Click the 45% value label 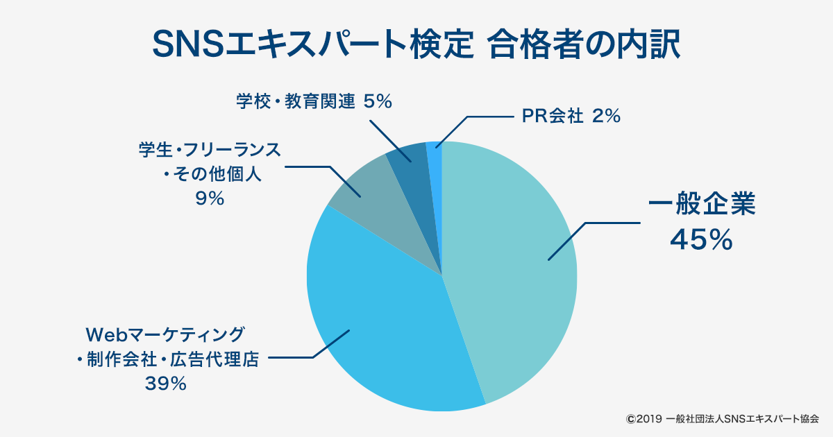(701, 240)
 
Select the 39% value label (165, 384)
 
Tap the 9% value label (210, 198)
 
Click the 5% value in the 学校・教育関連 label (378, 101)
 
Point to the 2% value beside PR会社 (606, 116)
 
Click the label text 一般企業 (702, 204)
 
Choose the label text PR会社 (553, 116)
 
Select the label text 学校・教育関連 (295, 101)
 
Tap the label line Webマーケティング (165, 335)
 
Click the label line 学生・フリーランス (210, 150)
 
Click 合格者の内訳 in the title (584, 44)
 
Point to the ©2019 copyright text (644, 419)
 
